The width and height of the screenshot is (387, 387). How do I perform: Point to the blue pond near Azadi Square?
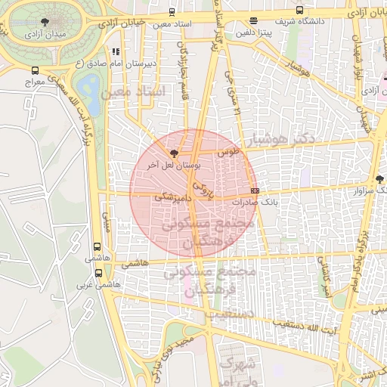coord(88,89)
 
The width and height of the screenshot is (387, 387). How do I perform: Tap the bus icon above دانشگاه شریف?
coord(300,11)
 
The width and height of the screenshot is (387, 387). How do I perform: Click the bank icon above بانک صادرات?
coord(254,190)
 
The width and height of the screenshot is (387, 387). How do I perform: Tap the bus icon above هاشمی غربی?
coord(98,272)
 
